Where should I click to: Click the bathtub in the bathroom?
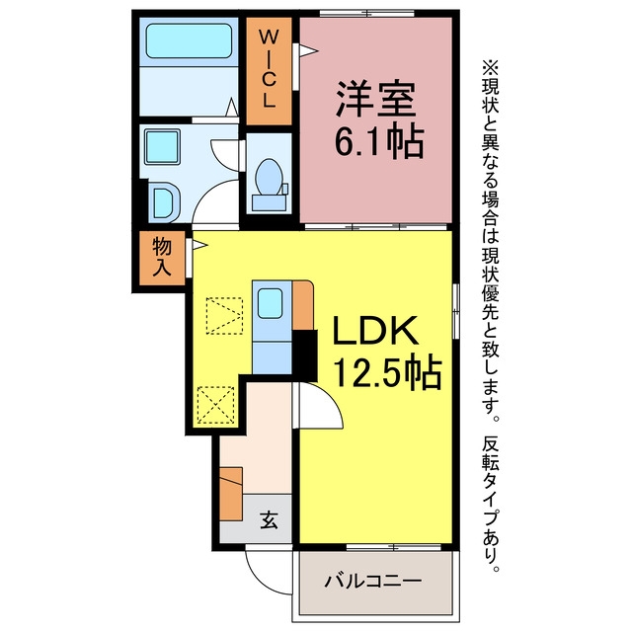[189, 40]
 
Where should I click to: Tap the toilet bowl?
[270, 178]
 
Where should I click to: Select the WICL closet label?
[268, 70]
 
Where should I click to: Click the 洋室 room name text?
[375, 99]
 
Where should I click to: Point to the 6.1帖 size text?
[379, 141]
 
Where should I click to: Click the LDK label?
[375, 331]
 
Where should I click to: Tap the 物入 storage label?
[162, 257]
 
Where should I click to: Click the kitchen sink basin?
[270, 303]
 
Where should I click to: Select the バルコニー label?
[373, 581]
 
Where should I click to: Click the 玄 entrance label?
[269, 520]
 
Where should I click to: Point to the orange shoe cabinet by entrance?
[231, 494]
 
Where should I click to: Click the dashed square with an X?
[216, 405]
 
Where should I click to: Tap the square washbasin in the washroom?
[162, 147]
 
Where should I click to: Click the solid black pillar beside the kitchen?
[305, 355]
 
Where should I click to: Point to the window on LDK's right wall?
[456, 311]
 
